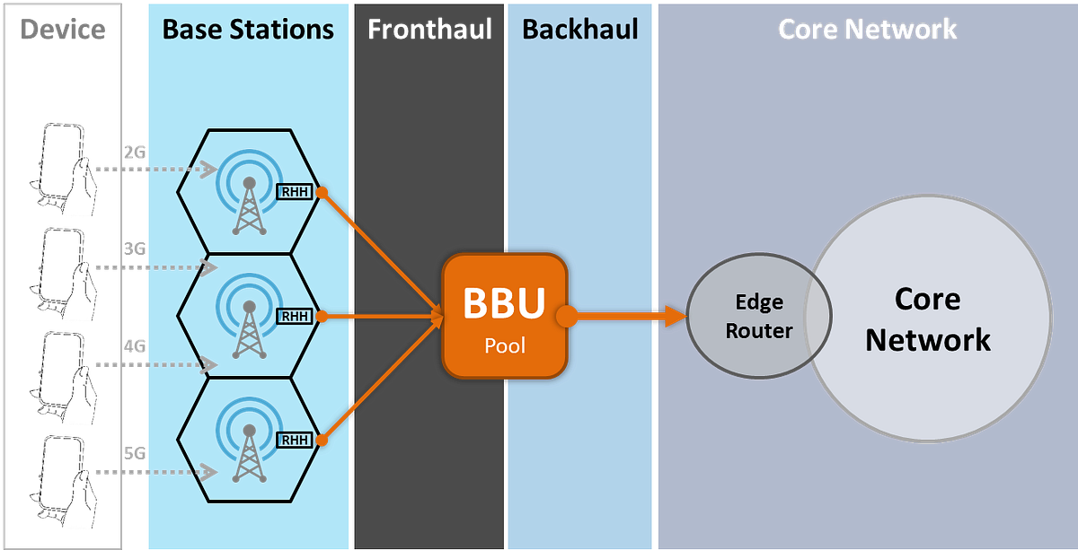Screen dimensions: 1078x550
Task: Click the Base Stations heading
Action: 248,29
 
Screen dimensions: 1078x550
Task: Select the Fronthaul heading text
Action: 429,29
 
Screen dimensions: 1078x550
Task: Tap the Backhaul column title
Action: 580,29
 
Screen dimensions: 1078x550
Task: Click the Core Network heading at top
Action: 867,29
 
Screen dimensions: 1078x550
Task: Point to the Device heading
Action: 63,29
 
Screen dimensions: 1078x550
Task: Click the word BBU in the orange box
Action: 504,303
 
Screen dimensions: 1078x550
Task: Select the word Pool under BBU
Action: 504,345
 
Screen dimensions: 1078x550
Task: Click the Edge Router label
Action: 759,316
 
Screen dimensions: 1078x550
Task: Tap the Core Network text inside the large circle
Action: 928,319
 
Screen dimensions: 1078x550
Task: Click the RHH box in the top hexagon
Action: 294,192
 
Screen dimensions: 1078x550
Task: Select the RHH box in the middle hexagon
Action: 294,316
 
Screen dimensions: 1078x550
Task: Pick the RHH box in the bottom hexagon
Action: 294,440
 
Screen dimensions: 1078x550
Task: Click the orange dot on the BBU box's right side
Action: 566,316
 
